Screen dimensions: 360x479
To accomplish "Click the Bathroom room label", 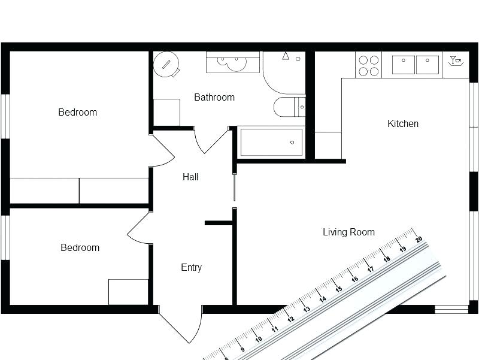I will (214, 97).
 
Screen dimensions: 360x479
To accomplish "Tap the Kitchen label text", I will (403, 124).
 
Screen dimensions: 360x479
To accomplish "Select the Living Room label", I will (348, 232).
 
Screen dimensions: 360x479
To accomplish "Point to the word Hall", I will (190, 177).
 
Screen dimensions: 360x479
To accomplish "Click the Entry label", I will (191, 268).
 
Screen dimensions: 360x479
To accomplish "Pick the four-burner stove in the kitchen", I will (368, 65).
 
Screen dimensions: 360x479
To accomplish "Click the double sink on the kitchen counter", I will (416, 65).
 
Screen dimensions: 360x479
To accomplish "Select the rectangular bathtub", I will (271, 143).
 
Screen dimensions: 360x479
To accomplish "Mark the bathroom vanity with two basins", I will (233, 62).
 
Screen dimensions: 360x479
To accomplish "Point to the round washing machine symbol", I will (166, 65).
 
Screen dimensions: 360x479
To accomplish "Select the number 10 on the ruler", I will (258, 339).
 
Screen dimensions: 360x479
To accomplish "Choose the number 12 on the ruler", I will (290, 319).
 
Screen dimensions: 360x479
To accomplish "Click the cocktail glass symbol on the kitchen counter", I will (456, 60).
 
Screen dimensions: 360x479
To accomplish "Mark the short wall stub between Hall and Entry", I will (219, 223).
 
